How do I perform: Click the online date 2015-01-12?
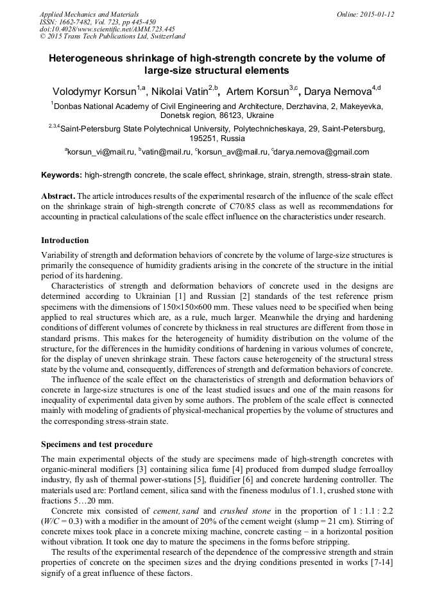click(x=377, y=14)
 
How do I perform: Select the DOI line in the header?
click(x=107, y=29)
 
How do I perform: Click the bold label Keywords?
click(x=62, y=174)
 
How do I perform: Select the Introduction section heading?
click(x=65, y=240)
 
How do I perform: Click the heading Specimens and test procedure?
click(x=97, y=443)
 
